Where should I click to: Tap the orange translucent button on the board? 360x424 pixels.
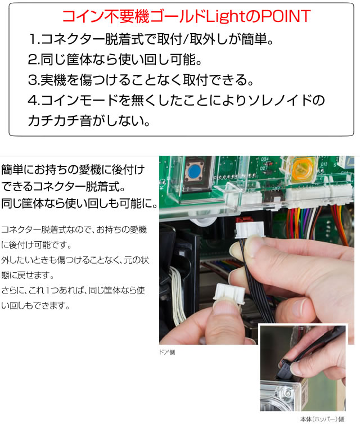click(300, 169)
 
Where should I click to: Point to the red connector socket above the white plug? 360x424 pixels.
click(243, 221)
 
